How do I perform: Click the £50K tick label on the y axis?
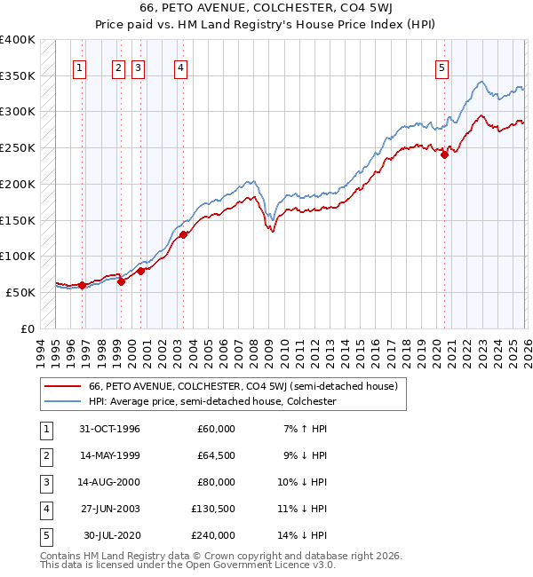coord(20,292)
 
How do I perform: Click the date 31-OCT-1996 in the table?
coord(109,429)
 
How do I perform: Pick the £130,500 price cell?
coord(213,509)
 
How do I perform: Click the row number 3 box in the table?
coord(44,482)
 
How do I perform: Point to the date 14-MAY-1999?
coord(109,455)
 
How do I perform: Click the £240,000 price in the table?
coord(213,535)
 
